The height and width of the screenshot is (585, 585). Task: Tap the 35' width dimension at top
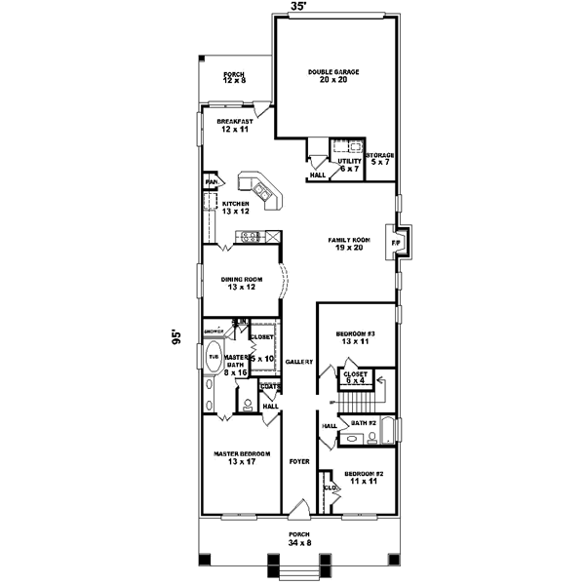(x=298, y=7)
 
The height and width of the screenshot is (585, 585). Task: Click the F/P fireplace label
(x=397, y=242)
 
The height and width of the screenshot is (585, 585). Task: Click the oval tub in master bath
(x=213, y=359)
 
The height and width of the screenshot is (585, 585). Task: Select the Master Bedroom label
(x=241, y=458)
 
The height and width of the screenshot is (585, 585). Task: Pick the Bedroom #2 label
(x=365, y=478)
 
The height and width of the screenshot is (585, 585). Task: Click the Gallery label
(x=298, y=362)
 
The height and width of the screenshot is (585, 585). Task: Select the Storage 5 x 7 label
(x=380, y=159)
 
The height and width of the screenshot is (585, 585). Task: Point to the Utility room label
(x=348, y=165)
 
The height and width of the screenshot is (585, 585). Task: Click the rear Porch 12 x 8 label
(x=234, y=77)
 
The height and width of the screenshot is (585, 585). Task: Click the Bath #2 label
(x=365, y=424)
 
